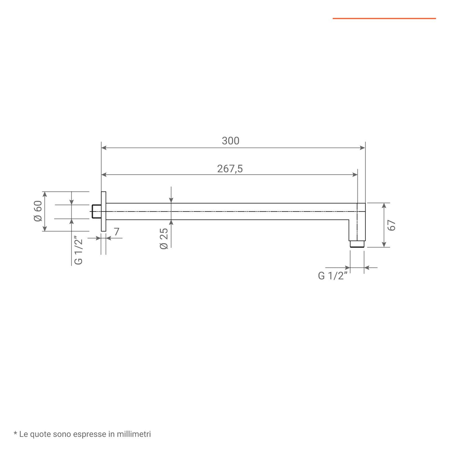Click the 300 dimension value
(x=231, y=141)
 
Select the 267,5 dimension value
(x=230, y=169)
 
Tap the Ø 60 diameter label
(x=38, y=211)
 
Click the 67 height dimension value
(x=391, y=225)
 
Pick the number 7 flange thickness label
(x=117, y=231)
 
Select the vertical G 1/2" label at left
(x=78, y=251)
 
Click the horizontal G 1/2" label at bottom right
(x=333, y=276)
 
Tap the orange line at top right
(x=384, y=19)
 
